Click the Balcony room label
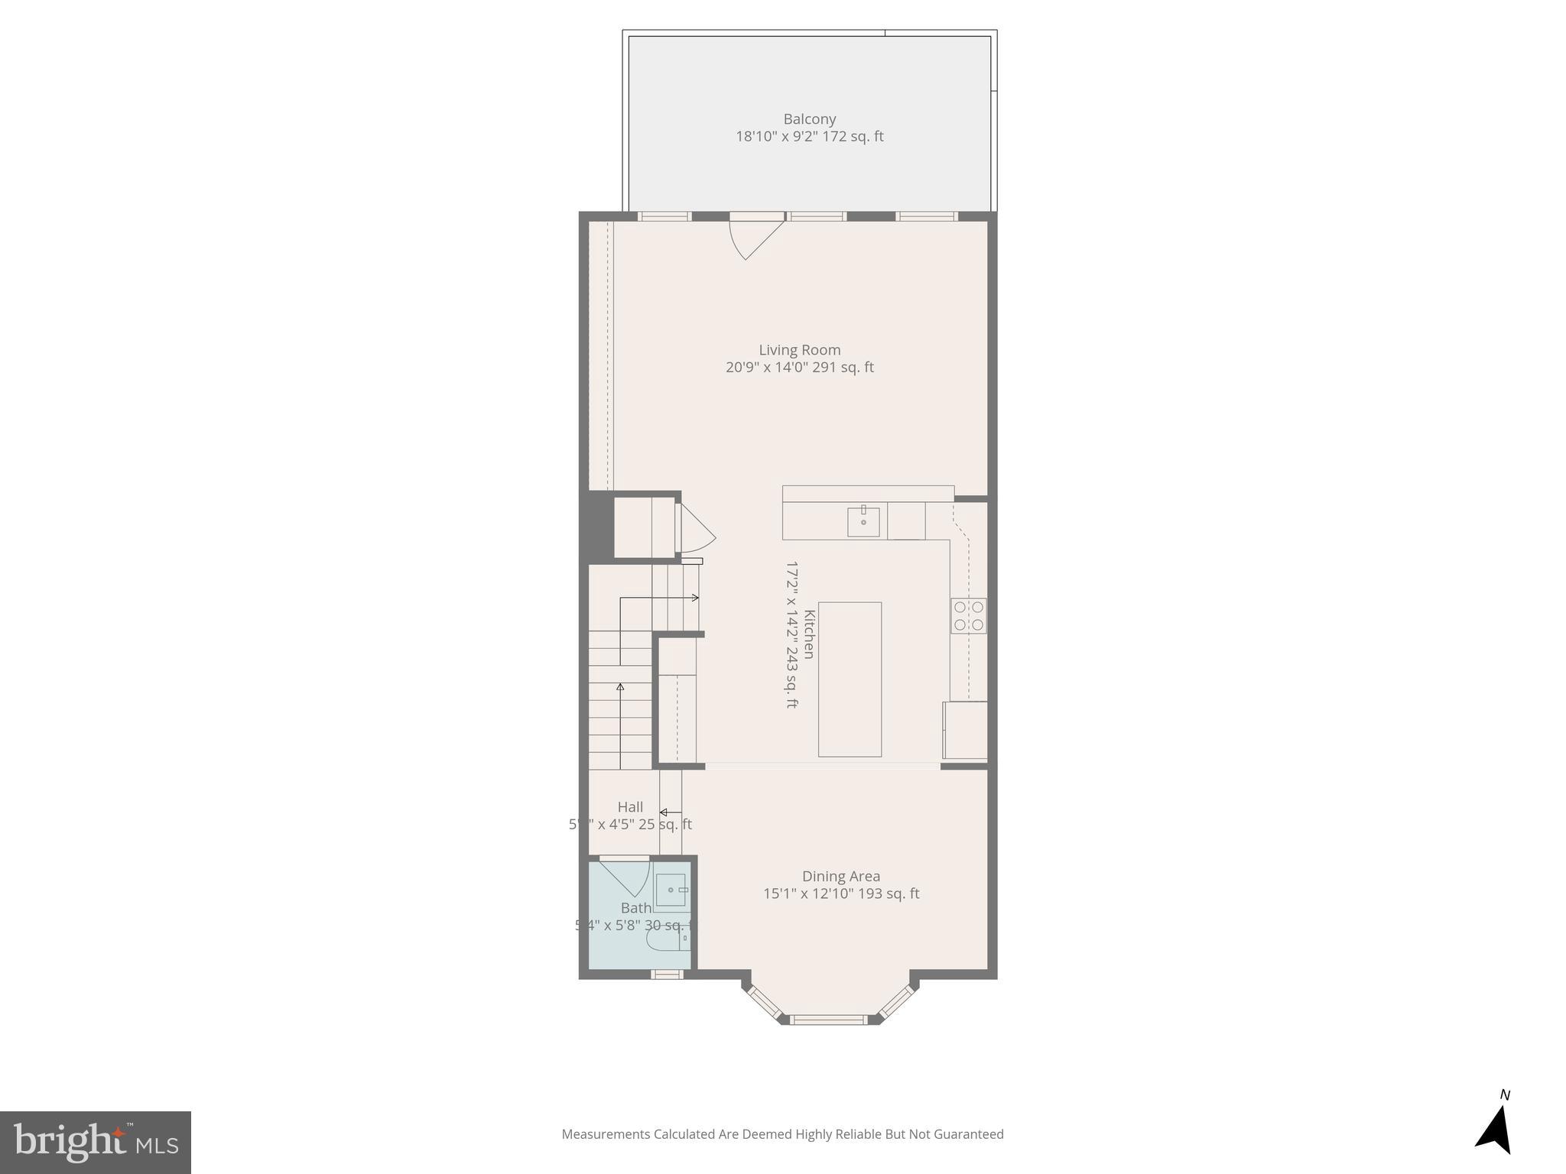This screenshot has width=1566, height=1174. click(x=809, y=119)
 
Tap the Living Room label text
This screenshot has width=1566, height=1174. click(x=799, y=350)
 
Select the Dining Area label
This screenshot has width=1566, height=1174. click(x=840, y=876)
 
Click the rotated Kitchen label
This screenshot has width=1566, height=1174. click(x=809, y=634)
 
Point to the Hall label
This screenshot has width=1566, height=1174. click(x=630, y=807)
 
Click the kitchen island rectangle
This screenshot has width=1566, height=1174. click(x=850, y=679)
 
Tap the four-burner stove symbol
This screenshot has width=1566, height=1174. click(x=968, y=616)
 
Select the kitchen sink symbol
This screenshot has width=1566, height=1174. click(x=863, y=521)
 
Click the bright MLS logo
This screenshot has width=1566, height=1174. click(x=96, y=1142)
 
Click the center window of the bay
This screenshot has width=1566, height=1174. click(x=828, y=1019)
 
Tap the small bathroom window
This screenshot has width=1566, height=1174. click(x=666, y=974)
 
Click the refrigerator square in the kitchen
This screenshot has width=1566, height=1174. click(x=965, y=730)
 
